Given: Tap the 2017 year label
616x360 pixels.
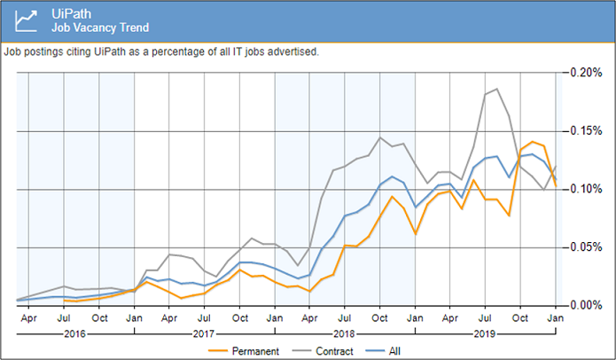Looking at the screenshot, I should pos(206,335).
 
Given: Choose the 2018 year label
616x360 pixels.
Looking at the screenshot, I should pos(346,335).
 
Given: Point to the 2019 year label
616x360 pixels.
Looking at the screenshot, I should pos(486,335).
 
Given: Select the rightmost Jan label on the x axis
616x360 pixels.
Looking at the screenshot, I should pos(557,317).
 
